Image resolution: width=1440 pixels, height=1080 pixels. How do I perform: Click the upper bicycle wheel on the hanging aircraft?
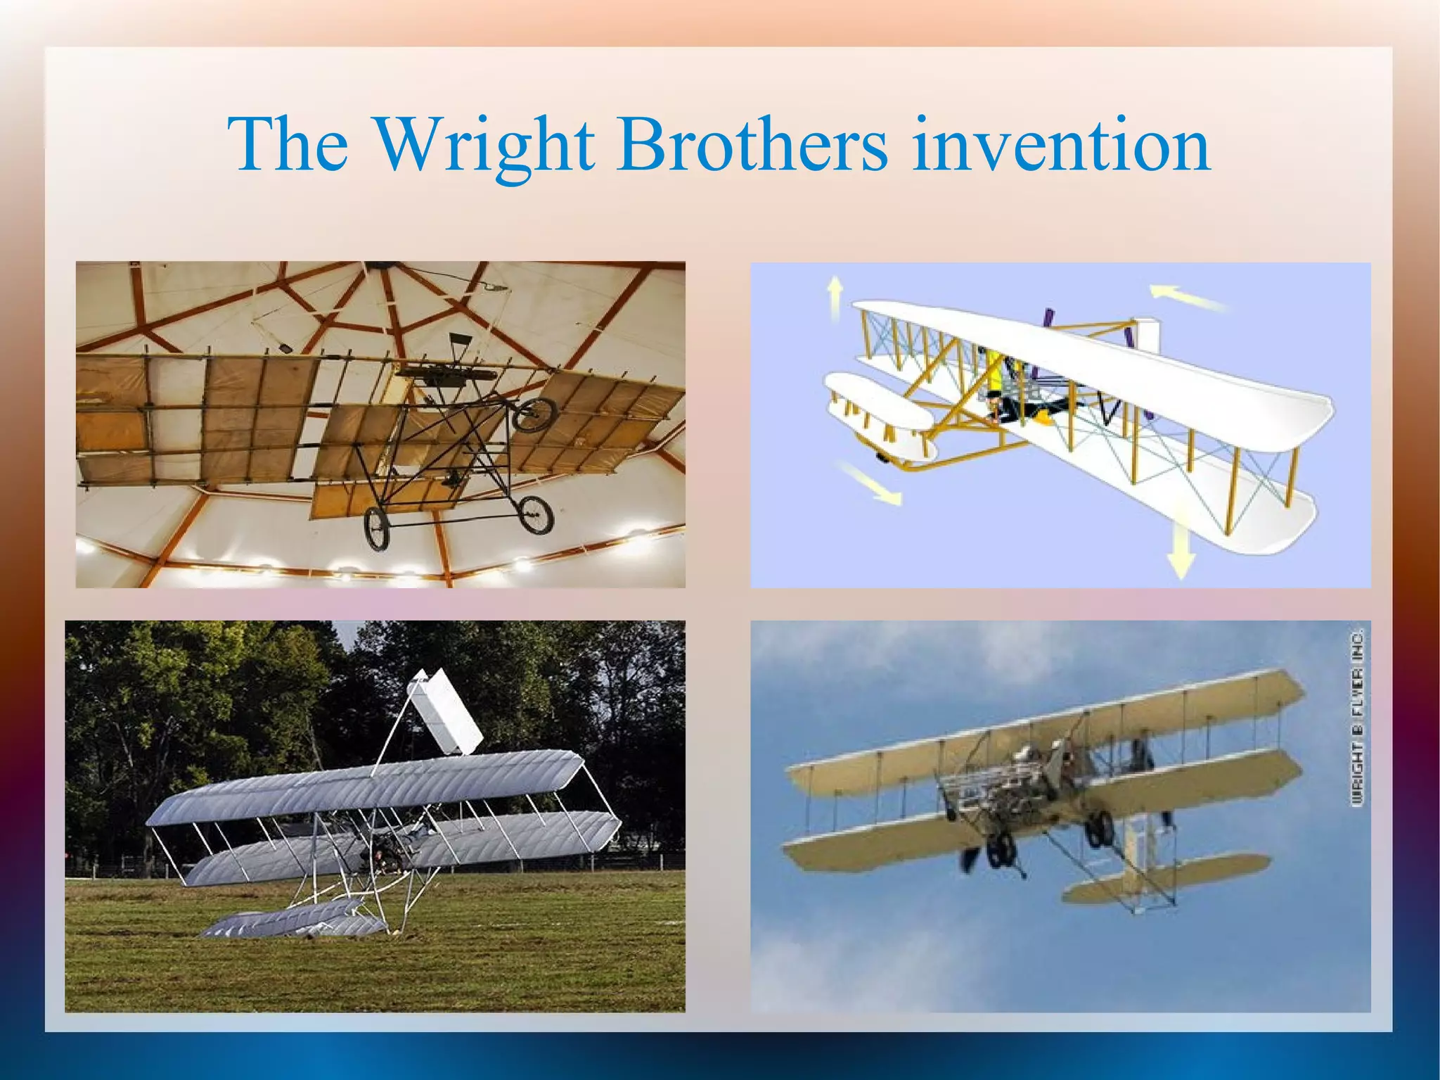[534, 414]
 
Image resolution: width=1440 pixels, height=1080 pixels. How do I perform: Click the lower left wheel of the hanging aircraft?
[377, 528]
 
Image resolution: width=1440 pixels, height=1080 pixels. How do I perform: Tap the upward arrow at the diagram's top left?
[835, 296]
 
